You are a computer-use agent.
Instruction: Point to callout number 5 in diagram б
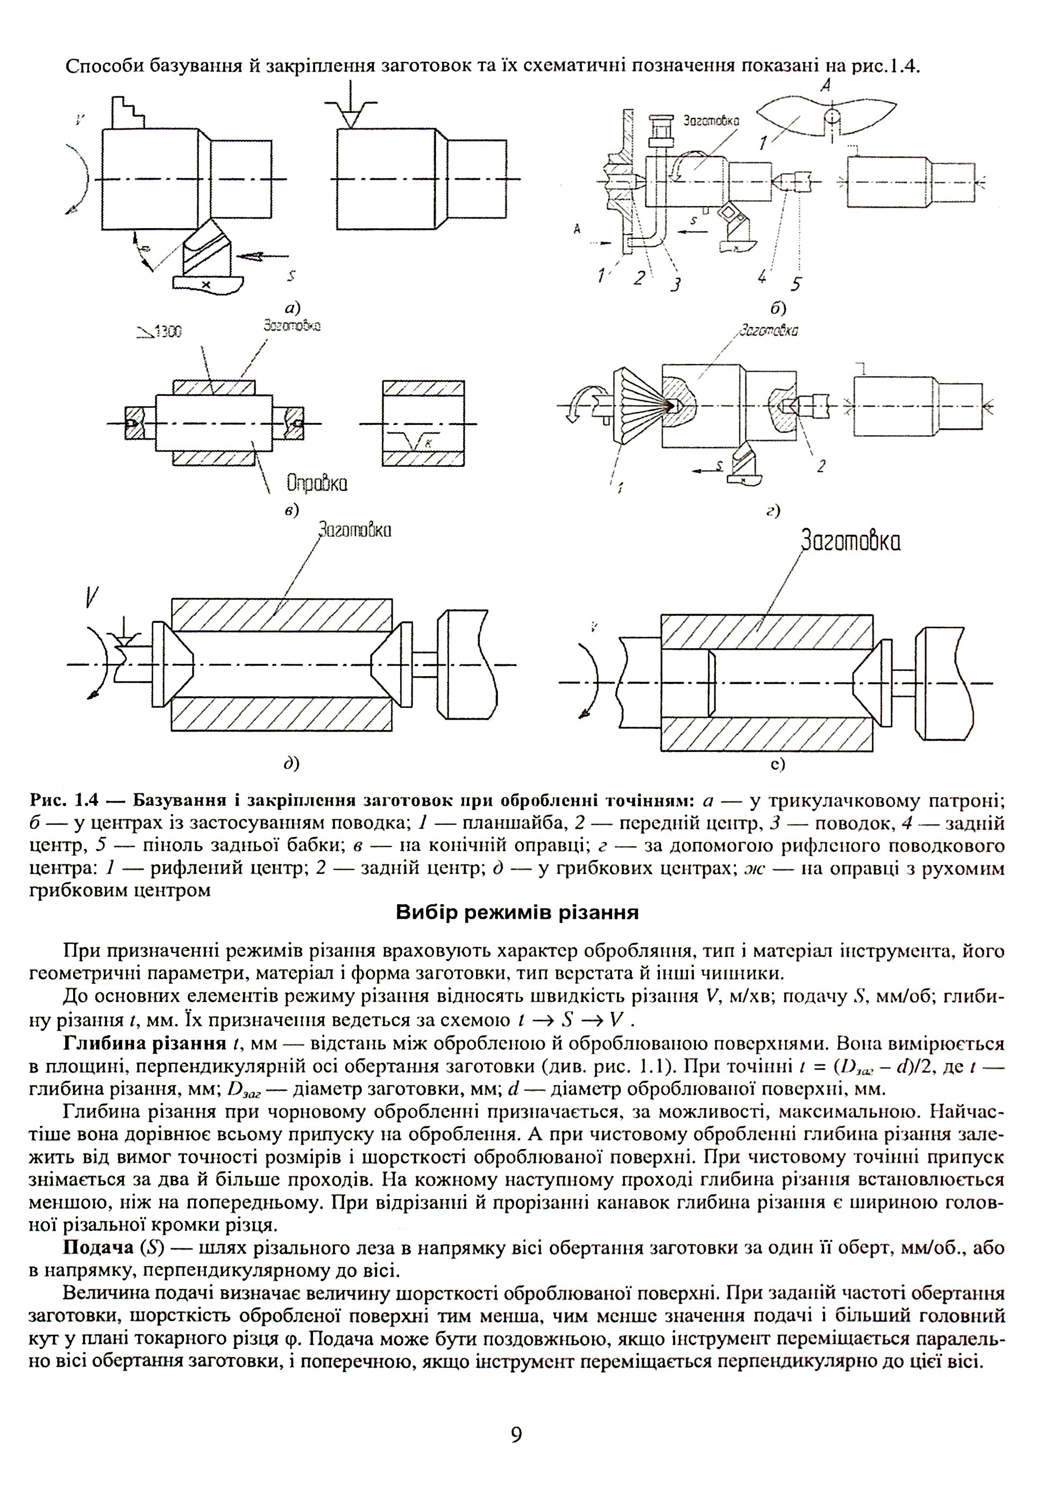pyautogui.click(x=796, y=283)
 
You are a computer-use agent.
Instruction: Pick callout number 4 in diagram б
pyautogui.click(x=762, y=277)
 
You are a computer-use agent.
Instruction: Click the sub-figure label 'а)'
pyautogui.click(x=293, y=308)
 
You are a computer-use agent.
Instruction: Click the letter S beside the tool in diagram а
pyautogui.click(x=292, y=276)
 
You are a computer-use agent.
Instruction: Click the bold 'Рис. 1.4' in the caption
pyautogui.click(x=66, y=800)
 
